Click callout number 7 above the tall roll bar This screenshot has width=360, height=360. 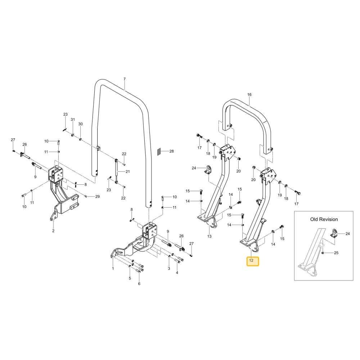(125, 79)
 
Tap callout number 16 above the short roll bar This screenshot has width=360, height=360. (249, 94)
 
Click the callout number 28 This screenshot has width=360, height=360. (171, 151)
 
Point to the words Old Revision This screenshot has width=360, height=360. (324, 219)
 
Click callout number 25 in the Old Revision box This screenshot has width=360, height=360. (336, 253)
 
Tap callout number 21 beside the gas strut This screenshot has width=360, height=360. (128, 171)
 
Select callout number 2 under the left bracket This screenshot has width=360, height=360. (53, 231)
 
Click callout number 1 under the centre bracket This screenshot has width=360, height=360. (113, 268)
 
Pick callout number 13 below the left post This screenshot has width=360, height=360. (209, 236)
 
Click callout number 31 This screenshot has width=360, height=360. (73, 120)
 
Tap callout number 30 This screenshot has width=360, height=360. (80, 124)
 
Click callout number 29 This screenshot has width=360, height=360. (97, 197)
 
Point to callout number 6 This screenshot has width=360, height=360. (139, 284)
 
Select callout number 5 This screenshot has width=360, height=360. (130, 278)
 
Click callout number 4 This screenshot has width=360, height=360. (177, 273)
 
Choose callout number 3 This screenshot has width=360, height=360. (169, 269)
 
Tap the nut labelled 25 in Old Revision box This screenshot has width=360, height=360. (323, 253)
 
